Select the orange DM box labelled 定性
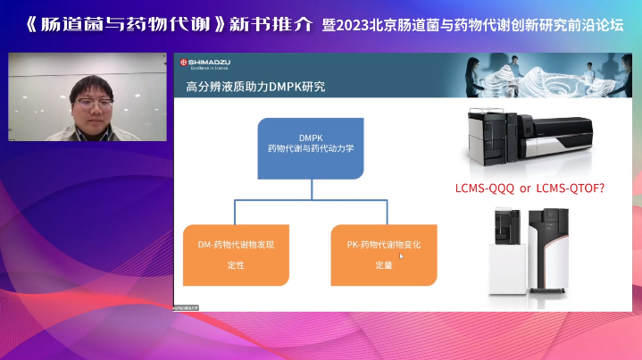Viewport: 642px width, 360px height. [236, 255]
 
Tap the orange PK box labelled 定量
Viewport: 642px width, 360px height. [384, 255]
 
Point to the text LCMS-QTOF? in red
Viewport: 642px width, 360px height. [583, 188]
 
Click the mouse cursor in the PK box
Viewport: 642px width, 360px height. [402, 256]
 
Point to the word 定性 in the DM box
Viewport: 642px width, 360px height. [236, 265]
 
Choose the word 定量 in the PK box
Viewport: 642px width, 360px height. [384, 265]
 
